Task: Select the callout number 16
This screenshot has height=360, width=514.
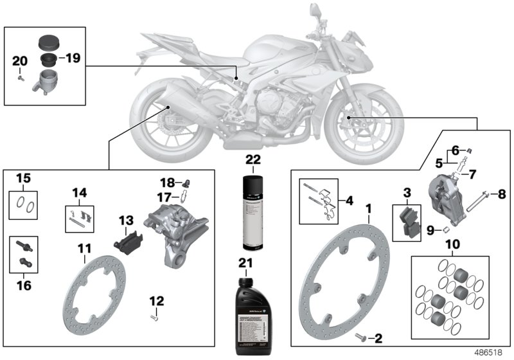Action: [24, 285]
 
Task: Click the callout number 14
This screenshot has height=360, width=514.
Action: [80, 192]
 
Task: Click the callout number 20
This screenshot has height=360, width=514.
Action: [20, 61]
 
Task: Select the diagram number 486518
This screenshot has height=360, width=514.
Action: [488, 353]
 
